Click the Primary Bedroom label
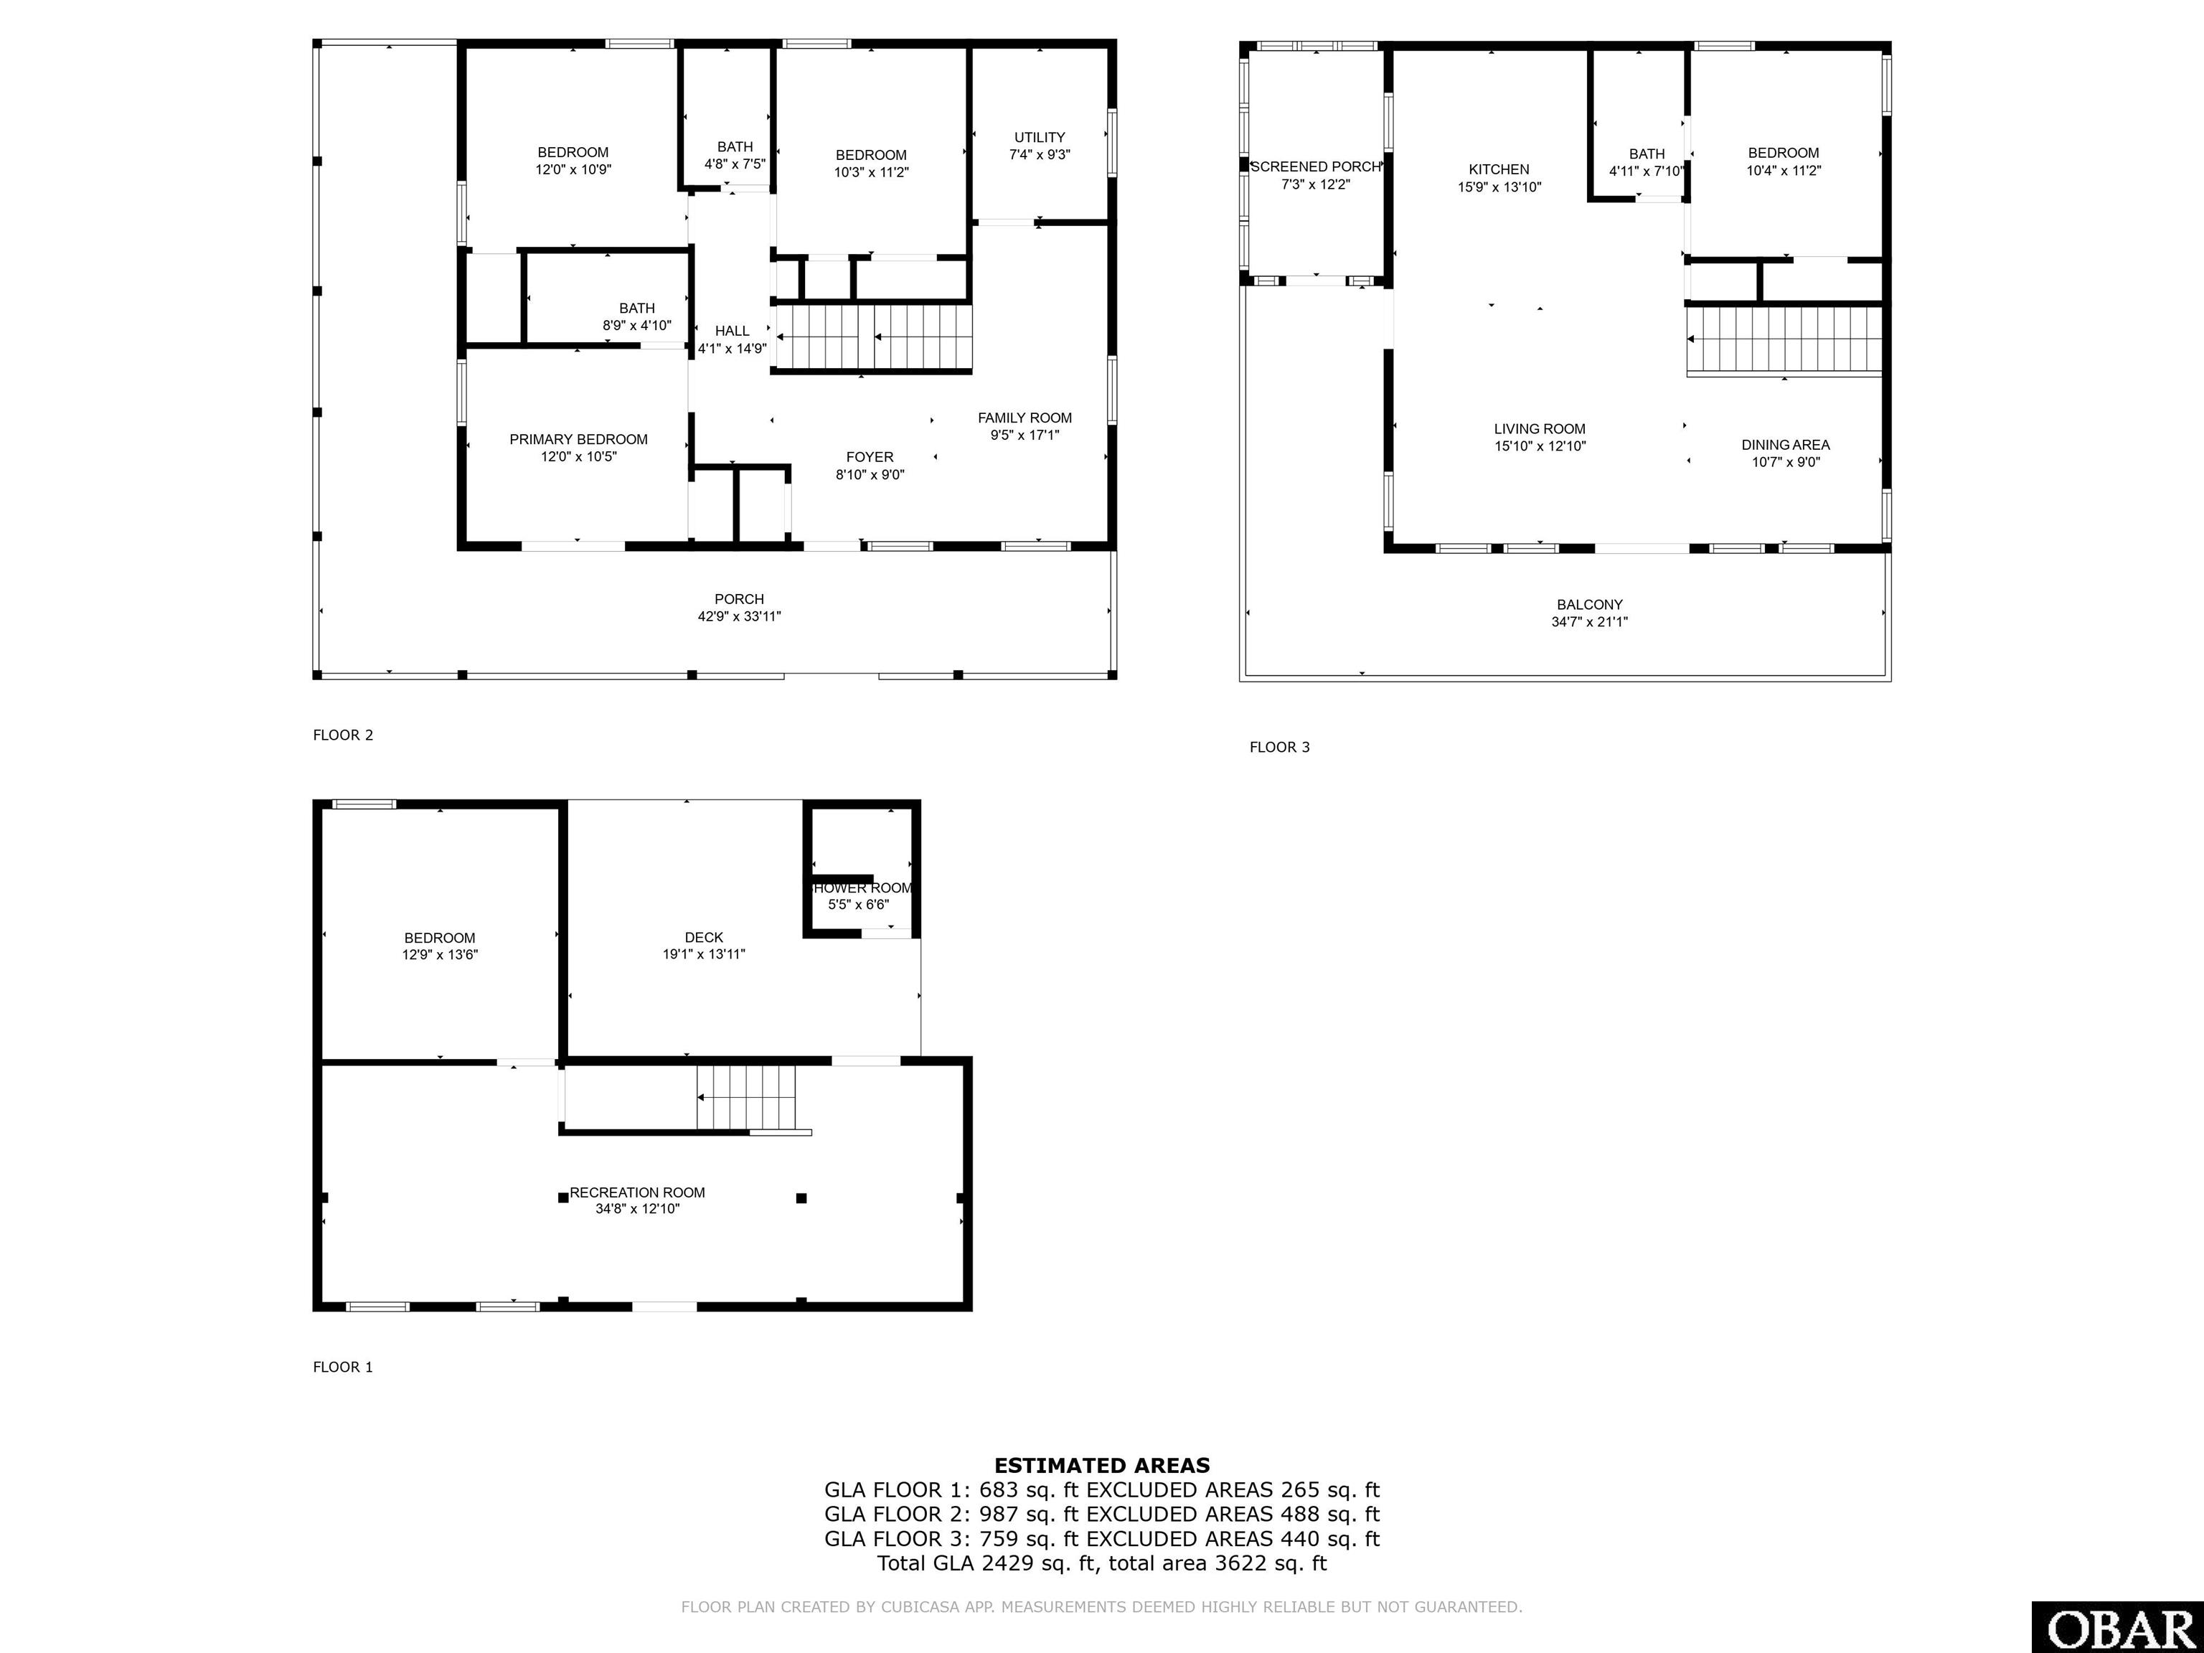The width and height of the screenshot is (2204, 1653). pos(578,439)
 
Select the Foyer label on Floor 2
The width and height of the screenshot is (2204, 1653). pos(870,457)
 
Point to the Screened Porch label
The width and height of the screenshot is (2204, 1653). pos(1315,166)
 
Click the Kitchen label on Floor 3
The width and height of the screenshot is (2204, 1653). pos(1499,169)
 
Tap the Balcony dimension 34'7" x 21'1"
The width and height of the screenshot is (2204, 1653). pos(1589,622)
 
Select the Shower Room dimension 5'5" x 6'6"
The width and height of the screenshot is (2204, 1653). pos(858,905)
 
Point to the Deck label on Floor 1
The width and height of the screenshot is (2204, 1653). pos(703,938)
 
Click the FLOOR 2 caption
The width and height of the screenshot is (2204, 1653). pos(343,735)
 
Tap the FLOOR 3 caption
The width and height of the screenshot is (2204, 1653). pos(1279,748)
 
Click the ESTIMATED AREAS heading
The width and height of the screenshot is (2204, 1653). pos(1102,1466)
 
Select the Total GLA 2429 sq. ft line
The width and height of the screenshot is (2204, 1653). pos(1102,1563)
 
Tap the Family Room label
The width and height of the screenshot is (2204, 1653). pos(1025,418)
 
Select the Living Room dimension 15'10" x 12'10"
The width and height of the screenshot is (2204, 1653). pos(1540,446)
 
